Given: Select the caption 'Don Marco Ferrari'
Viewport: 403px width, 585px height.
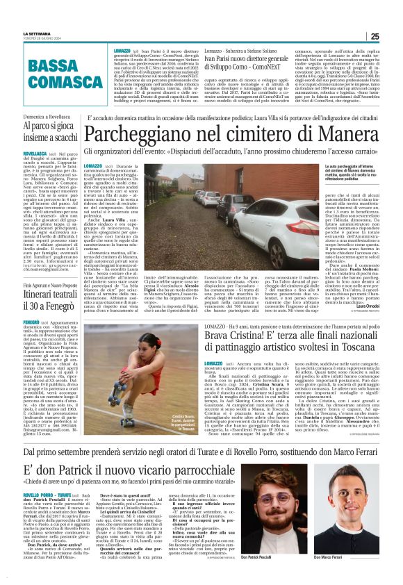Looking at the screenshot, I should [361, 575].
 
